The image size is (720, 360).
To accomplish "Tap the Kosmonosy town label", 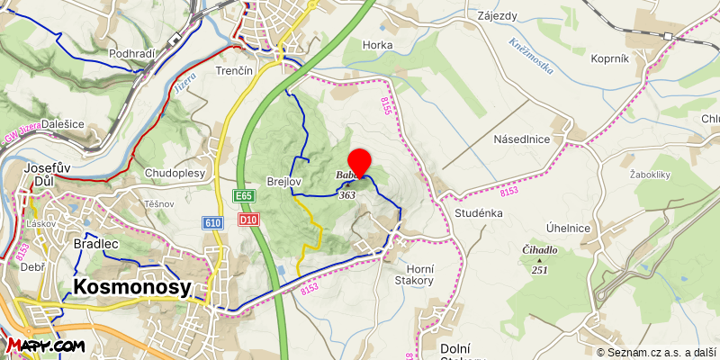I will tap(131, 287).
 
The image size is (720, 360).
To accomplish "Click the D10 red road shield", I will tap(249, 219).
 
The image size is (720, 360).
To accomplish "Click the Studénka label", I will tap(478, 215).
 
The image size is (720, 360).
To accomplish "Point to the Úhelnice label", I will tap(568, 228).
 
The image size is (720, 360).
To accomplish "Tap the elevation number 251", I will tap(540, 269).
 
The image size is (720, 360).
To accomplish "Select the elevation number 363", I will tap(347, 195).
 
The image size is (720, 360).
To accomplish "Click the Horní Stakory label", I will tap(415, 274).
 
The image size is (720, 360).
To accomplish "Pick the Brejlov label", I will tap(283, 182).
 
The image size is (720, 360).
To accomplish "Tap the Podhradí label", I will tap(132, 54).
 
